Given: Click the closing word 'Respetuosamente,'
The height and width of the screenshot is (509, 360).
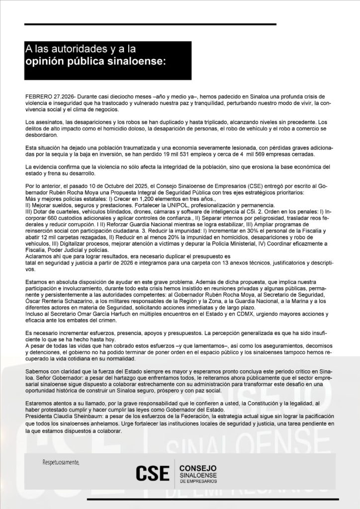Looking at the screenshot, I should pyautogui.click(x=61, y=463).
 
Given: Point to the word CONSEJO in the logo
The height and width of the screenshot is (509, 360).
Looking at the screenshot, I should pyautogui.click(x=197, y=468).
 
